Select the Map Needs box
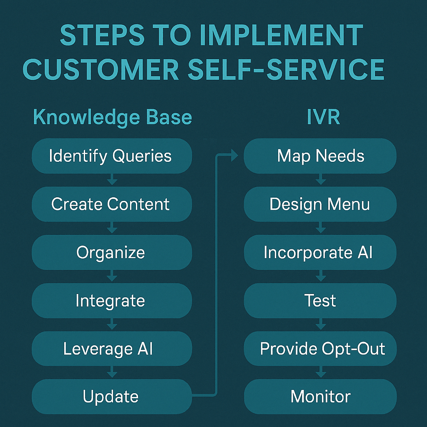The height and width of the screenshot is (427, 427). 320,156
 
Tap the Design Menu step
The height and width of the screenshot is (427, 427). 320,204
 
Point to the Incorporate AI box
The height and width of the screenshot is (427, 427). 320,253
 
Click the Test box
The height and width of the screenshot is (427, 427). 320,301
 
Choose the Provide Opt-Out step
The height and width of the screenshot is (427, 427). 320,349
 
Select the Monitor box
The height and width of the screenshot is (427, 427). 320,397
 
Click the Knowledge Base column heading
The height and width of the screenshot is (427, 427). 113,118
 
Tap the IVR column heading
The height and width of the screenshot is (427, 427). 323,118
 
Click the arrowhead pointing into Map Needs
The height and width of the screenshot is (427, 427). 234,156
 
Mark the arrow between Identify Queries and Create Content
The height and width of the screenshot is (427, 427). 112,180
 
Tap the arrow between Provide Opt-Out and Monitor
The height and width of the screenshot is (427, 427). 320,373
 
